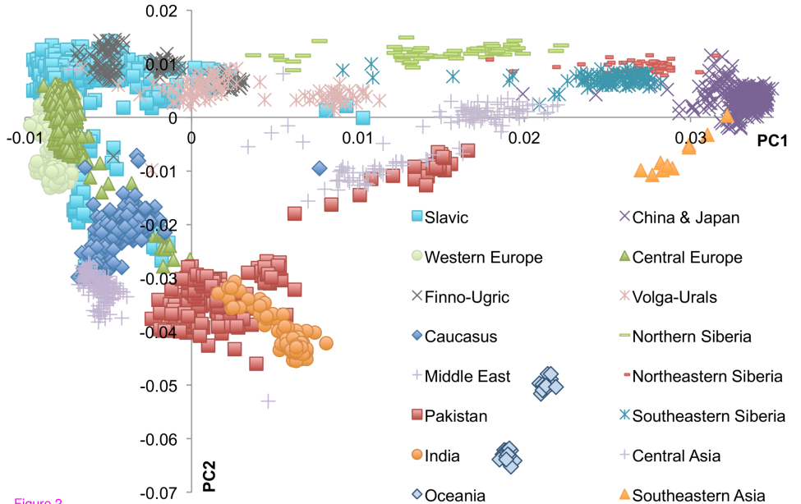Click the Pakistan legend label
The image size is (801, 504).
[456, 415]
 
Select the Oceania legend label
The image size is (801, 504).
[455, 495]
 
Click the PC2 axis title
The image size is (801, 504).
[209, 476]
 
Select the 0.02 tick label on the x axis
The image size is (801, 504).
[524, 136]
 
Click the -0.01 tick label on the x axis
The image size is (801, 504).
[24, 136]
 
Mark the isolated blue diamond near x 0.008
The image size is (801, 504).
[320, 168]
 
